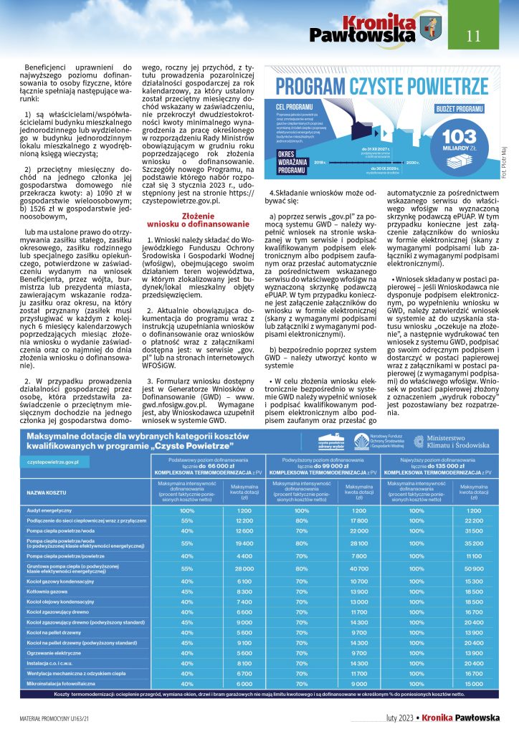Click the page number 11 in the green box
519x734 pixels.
tap(474, 35)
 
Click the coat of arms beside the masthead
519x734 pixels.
tap(432, 29)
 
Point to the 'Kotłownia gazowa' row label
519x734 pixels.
tap(44, 591)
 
